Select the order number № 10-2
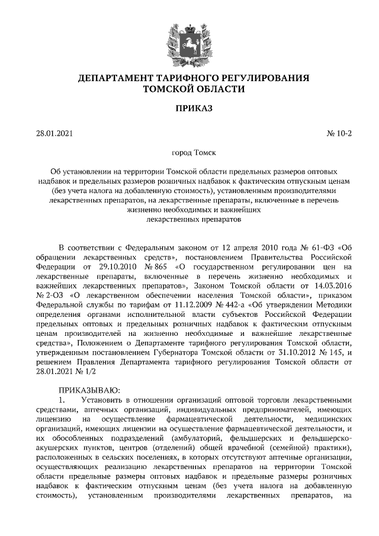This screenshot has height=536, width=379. click(x=339, y=133)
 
